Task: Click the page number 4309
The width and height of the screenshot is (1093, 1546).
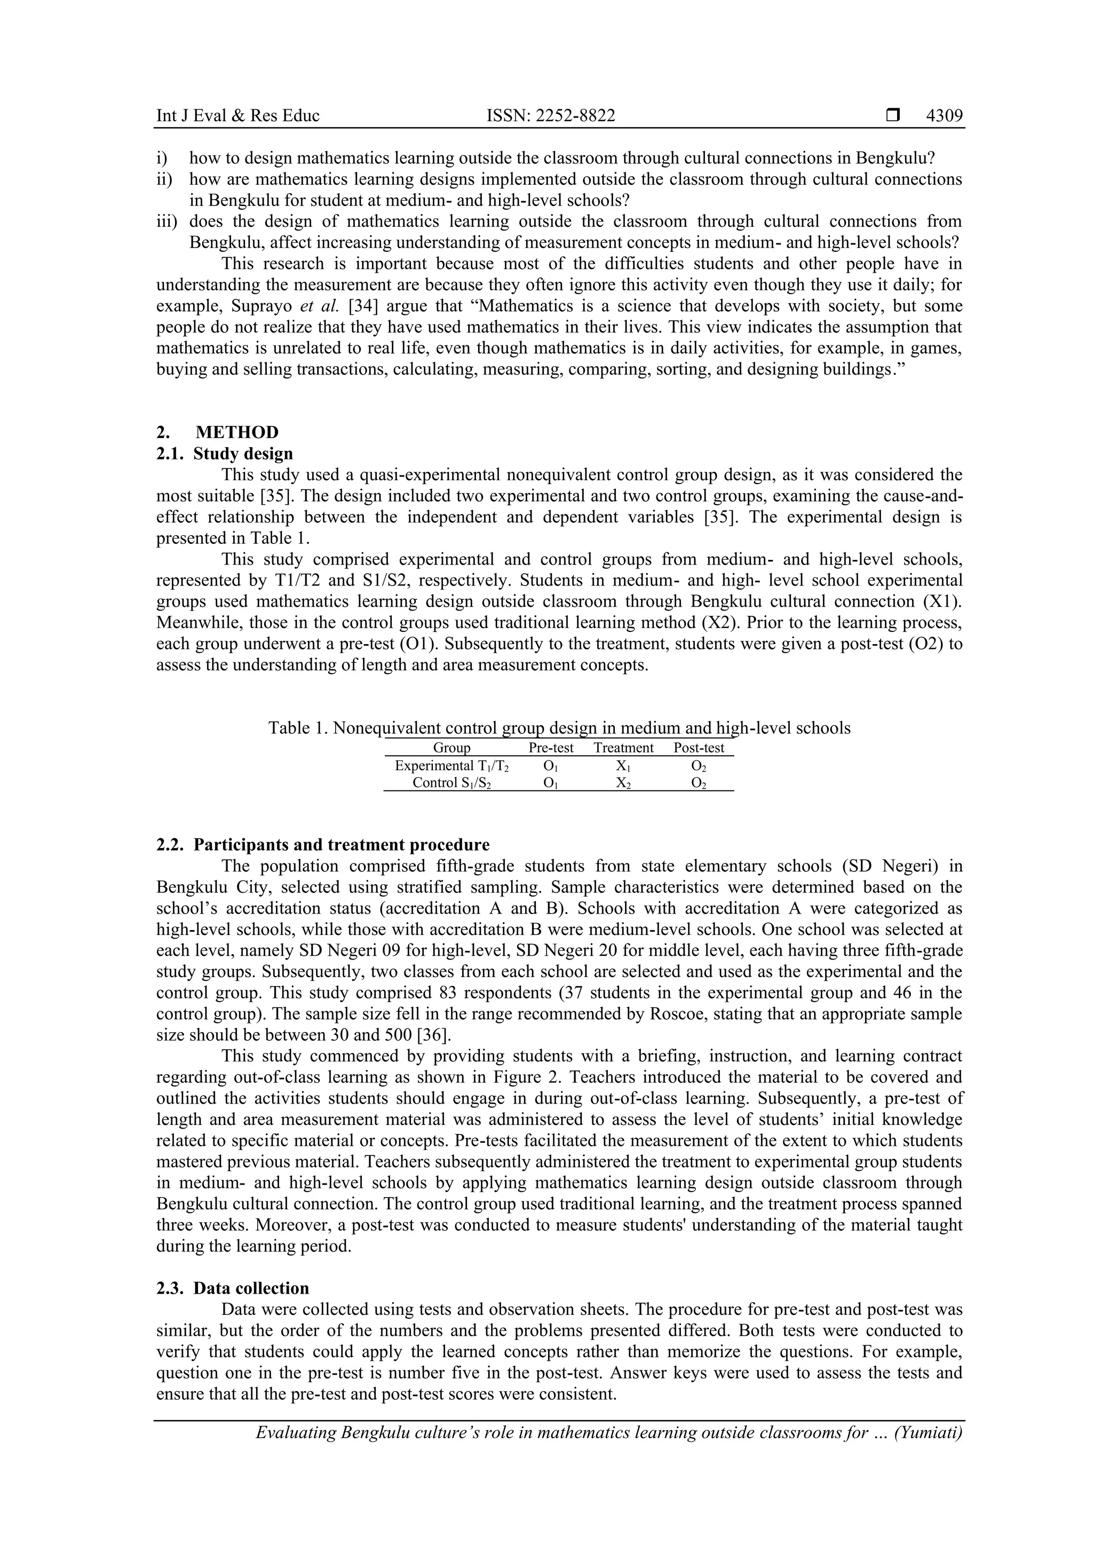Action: coord(944,116)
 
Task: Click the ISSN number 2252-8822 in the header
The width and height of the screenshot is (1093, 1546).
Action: coord(550,116)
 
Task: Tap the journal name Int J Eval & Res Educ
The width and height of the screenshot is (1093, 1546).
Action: coord(237,116)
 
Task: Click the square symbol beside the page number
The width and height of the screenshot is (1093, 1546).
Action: coord(893,116)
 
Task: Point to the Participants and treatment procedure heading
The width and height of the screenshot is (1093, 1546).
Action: coord(342,844)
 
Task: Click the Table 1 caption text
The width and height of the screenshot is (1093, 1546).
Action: coord(559,728)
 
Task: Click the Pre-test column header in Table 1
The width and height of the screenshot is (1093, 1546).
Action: coord(551,748)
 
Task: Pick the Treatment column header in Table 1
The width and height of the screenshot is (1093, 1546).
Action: coord(623,748)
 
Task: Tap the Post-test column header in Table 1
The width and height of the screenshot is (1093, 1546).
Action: coord(699,748)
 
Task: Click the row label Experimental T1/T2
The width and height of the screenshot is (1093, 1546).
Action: coord(451,766)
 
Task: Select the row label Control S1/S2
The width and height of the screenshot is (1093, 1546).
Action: coord(451,783)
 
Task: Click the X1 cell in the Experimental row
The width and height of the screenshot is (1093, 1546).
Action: coord(623,766)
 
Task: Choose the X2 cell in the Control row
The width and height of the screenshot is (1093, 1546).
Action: coord(623,783)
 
